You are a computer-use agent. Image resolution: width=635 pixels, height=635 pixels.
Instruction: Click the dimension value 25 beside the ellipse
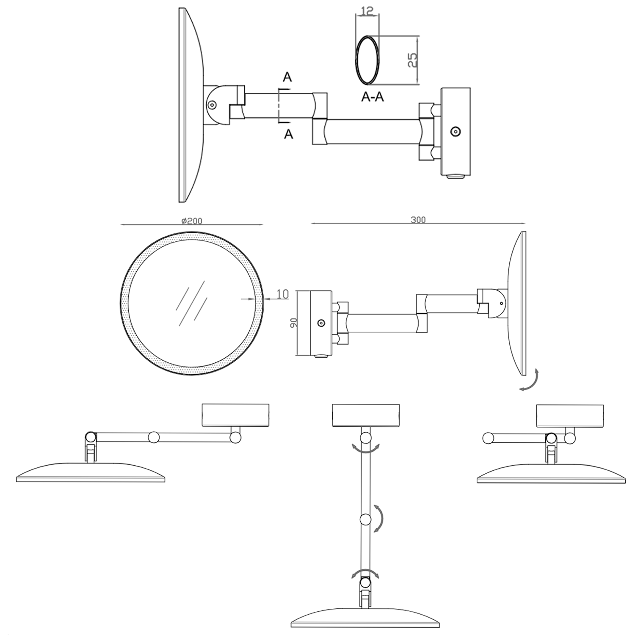[x=413, y=60]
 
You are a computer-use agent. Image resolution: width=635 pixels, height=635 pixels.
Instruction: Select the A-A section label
[x=373, y=97]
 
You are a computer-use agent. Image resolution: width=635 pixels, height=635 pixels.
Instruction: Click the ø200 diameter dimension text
[x=192, y=221]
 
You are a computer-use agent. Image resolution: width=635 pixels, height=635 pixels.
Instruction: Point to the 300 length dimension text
[x=418, y=220]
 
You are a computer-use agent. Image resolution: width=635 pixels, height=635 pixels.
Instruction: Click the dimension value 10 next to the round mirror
[x=282, y=294]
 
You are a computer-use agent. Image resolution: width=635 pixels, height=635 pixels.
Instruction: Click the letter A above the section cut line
[x=287, y=77]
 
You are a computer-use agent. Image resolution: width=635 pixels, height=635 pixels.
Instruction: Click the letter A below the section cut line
[x=288, y=134]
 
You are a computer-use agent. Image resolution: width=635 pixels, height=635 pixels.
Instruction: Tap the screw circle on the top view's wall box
[x=456, y=132]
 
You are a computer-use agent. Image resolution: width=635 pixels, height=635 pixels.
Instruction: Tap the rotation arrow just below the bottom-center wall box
[x=365, y=449]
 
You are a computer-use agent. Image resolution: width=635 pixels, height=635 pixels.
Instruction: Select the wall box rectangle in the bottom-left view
[x=236, y=415]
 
